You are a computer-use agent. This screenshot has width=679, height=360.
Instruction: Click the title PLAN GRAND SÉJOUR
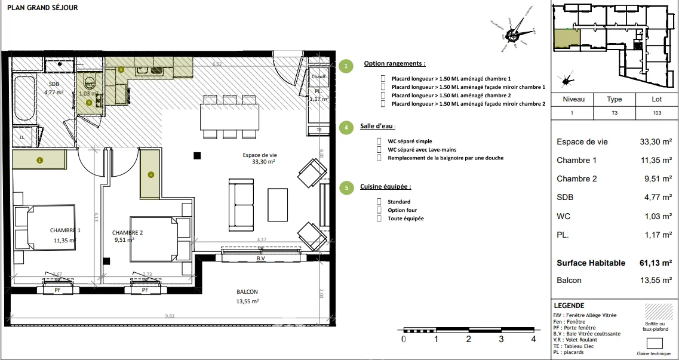[42, 8]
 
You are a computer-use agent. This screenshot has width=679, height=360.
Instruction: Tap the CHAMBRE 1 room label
[65, 230]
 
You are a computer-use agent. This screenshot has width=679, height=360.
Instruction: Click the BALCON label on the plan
[247, 292]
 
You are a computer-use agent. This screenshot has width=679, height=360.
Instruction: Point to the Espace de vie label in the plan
[260, 155]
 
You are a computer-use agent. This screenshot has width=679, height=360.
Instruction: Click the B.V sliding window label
[260, 259]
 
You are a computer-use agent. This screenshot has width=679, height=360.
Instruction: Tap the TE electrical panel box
[318, 130]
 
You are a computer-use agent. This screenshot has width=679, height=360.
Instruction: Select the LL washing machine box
[23, 137]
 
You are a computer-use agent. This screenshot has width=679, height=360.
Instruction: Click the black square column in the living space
[197, 156]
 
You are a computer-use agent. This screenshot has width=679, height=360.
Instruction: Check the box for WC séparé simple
[379, 141]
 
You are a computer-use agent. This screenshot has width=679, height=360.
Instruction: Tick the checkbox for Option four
[379, 210]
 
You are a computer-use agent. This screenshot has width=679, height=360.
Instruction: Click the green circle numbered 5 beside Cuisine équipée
[345, 187]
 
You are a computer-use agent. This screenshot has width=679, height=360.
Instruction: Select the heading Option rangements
[395, 63]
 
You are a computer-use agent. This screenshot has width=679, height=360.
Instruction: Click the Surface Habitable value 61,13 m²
[655, 263]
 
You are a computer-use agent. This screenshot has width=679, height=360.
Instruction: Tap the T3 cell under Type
[614, 112]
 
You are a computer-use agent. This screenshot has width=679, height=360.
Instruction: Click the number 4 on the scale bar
[533, 339]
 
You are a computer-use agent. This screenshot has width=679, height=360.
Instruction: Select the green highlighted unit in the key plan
[566, 39]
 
